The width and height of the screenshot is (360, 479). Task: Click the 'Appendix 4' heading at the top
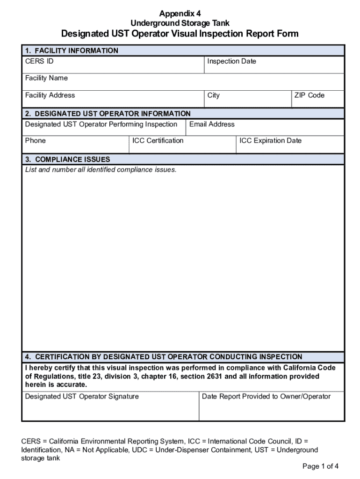tap(180, 13)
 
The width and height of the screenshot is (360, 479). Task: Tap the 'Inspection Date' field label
tap(231, 61)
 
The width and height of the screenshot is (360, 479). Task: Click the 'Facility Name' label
tap(46, 78)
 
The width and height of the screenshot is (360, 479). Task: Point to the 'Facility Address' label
tap(50, 95)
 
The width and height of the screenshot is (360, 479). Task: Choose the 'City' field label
tap(213, 95)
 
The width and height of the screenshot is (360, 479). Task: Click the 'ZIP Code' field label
tap(309, 95)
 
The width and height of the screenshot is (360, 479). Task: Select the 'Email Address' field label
tap(212, 124)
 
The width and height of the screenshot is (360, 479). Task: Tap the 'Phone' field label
tap(36, 141)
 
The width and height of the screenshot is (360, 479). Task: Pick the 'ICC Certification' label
tap(158, 141)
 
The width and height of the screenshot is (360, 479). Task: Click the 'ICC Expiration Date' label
tap(271, 141)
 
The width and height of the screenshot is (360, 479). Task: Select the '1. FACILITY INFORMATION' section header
tap(72, 51)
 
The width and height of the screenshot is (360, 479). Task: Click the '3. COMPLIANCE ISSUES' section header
tap(68, 160)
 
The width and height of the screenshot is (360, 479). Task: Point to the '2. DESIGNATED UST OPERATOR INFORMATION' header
tap(108, 114)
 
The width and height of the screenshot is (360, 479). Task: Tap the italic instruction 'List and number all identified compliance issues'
tap(101, 170)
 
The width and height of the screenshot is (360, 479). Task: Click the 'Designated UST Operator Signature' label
tap(82, 397)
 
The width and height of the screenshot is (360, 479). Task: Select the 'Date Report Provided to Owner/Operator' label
tap(266, 397)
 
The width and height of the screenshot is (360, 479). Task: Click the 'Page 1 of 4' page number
tap(320, 466)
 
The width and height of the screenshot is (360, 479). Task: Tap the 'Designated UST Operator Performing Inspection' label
tap(101, 124)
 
